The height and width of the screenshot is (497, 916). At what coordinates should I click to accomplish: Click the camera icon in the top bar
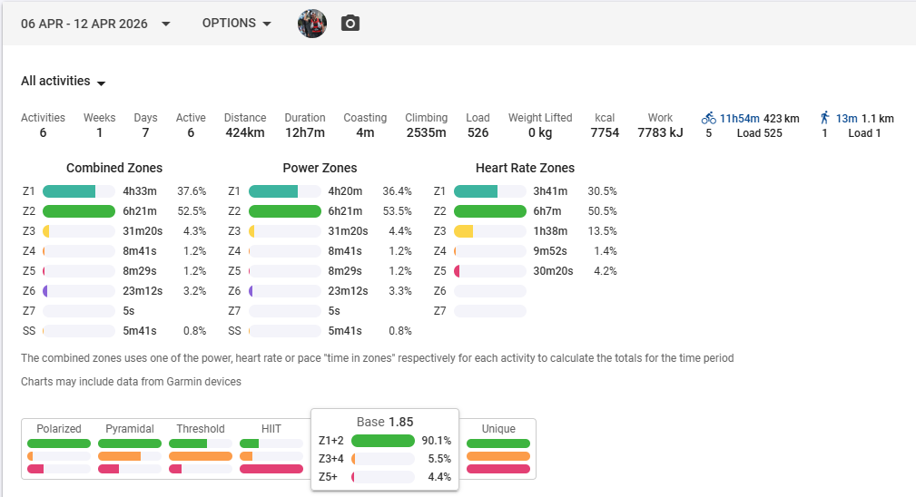[x=350, y=24]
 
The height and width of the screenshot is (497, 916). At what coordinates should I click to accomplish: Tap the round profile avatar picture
[x=312, y=24]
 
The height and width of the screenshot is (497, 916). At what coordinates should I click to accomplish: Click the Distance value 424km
[x=245, y=133]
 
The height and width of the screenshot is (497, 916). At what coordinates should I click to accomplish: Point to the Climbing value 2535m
[x=426, y=133]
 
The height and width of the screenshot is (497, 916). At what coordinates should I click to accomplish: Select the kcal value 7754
[x=605, y=133]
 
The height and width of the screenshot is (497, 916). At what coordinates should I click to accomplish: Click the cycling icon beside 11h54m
[x=709, y=118]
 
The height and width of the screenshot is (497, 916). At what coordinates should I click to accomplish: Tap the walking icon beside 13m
[x=824, y=118]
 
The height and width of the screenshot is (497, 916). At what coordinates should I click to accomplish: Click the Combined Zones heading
[x=114, y=168]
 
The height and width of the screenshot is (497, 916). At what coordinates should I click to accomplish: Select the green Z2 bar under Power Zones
[x=284, y=211]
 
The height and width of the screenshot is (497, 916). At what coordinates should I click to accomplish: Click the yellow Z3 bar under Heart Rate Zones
[x=464, y=231]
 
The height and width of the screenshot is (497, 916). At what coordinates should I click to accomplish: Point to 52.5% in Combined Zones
[x=192, y=211]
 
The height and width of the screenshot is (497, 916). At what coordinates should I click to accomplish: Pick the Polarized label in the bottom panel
[x=59, y=429]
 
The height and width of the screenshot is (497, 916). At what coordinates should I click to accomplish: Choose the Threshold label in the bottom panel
[x=201, y=429]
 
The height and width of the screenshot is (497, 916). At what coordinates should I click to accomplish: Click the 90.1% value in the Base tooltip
[x=436, y=441]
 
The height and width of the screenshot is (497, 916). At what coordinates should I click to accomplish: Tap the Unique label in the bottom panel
[x=498, y=429]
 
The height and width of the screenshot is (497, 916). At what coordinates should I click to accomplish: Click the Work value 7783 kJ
[x=660, y=133]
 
